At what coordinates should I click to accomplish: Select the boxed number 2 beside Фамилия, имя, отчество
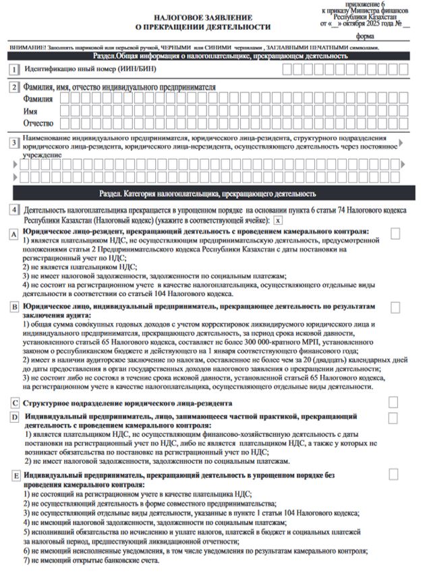[14, 88]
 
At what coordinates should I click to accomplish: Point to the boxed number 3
[14, 143]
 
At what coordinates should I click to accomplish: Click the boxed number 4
[14, 210]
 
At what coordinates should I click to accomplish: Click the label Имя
[30, 111]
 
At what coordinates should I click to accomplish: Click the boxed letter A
[14, 233]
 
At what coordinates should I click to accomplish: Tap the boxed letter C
[14, 403]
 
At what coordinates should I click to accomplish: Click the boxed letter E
[14, 475]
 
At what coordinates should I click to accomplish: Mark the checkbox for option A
[395, 232]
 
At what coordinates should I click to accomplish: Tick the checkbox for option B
[395, 306]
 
